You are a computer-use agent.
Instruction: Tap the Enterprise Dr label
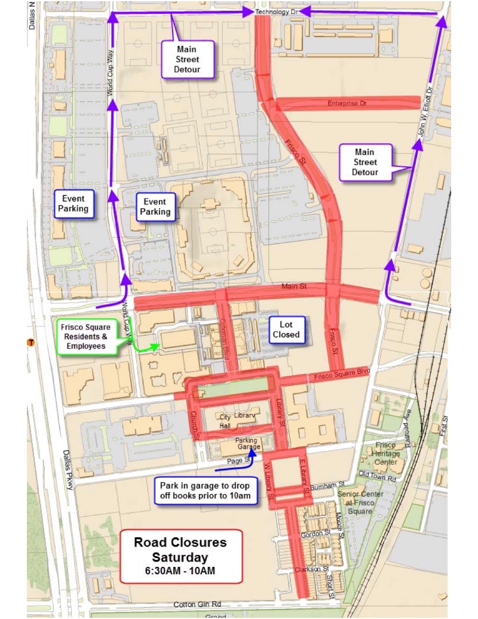click(347, 103)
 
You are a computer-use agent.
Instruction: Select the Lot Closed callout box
click(286, 330)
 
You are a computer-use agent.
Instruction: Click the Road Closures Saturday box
click(180, 556)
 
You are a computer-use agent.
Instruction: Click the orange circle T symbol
click(30, 342)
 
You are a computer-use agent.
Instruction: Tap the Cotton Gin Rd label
click(197, 604)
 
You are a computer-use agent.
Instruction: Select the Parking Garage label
click(246, 444)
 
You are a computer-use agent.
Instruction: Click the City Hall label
click(225, 421)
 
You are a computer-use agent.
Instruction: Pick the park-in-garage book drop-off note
click(204, 490)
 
